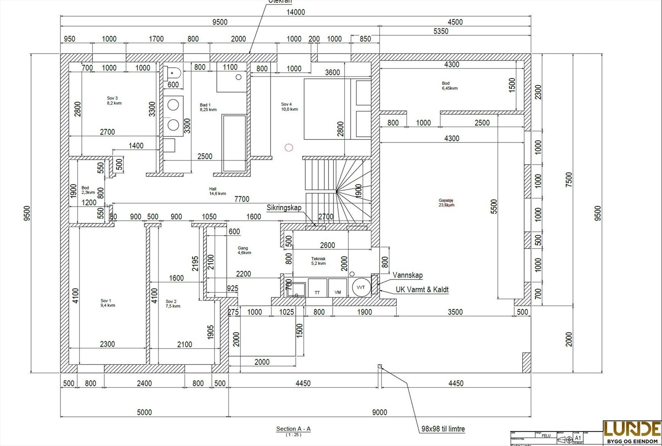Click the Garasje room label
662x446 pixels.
coord(446,203)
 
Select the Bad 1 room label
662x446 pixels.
coord(208,107)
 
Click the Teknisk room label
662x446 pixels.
coord(318,261)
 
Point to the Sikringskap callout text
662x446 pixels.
coord(284,208)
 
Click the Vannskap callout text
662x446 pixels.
coord(408,275)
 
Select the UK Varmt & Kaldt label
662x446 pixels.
coord(422,290)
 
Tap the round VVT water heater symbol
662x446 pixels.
coord(360,287)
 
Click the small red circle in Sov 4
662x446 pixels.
coord(289,147)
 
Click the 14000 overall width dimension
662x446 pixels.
coord(295,12)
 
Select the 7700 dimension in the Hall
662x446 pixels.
coord(242,199)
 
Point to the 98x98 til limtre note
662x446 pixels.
coord(443,429)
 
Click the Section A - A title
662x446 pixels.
coord(293,429)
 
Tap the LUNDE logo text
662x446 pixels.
coord(632,429)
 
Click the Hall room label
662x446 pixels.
coord(217,191)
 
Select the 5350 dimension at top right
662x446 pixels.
coord(441,31)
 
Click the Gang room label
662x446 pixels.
coord(244,250)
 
